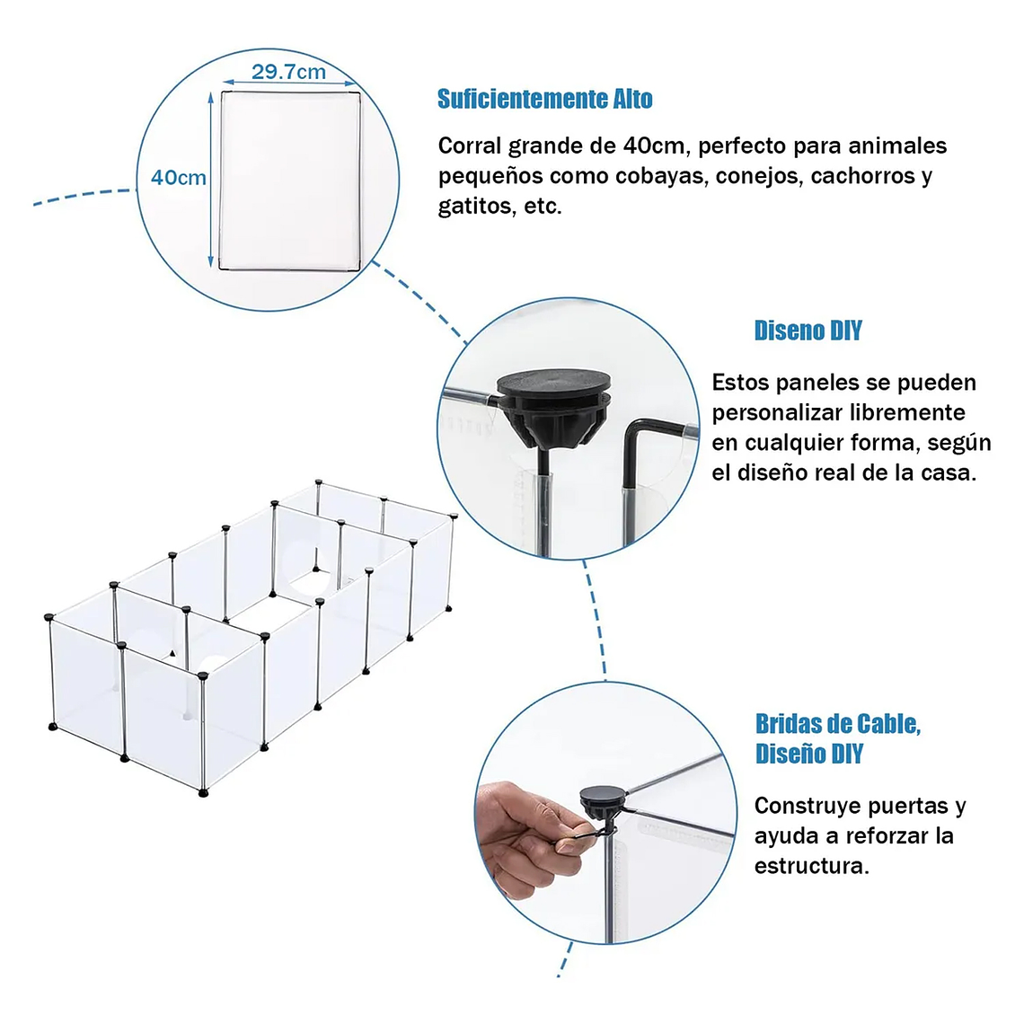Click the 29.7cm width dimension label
(x=288, y=71)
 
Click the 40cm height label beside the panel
(x=178, y=178)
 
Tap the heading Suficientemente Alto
(x=544, y=100)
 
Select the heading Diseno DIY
(x=808, y=331)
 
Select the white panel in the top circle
(x=290, y=181)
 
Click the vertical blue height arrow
(x=210, y=180)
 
